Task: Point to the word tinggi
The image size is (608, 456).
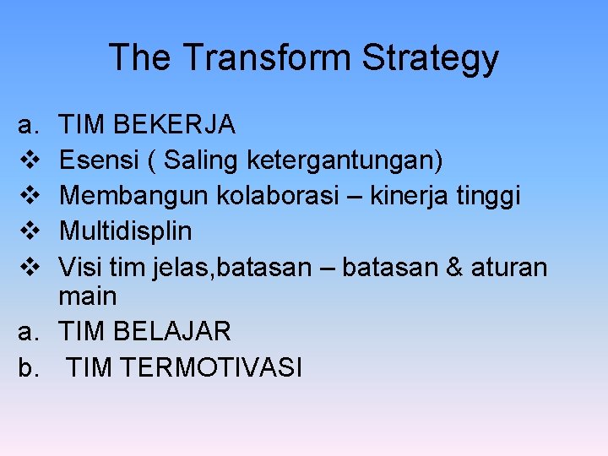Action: coord(491,195)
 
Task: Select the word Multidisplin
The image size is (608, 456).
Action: coord(126,231)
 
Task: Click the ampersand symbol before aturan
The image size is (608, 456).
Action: coord(453,268)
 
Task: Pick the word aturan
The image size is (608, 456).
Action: coord(509,268)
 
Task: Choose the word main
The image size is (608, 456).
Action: coord(88,296)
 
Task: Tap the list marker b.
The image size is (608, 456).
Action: coord(27,367)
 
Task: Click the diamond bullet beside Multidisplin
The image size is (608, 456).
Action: coord(26,231)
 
